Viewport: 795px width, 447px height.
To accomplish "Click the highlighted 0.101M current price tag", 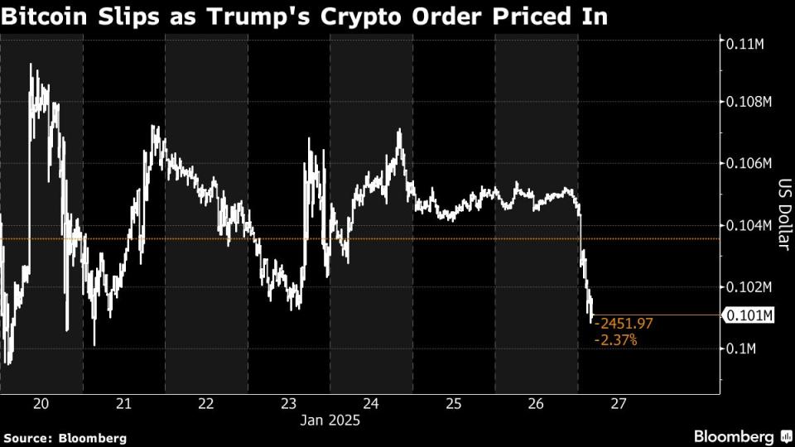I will (x=748, y=315).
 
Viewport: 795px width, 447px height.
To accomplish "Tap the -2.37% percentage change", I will (x=616, y=339).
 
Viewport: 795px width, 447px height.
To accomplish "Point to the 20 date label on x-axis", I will (x=42, y=404).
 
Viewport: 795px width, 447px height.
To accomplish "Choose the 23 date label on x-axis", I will (x=289, y=404).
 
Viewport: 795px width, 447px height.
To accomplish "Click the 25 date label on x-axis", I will (x=454, y=404).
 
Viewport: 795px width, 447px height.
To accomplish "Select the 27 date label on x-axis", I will (x=618, y=404).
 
